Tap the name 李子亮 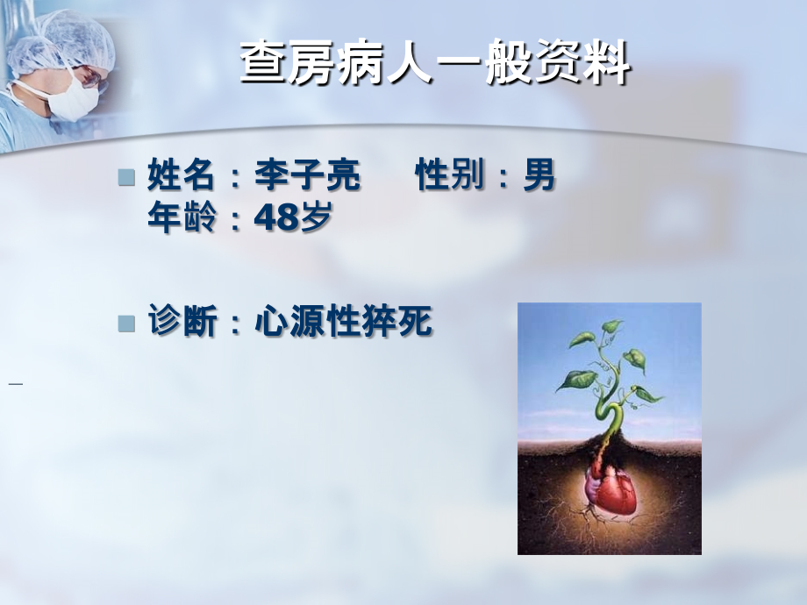[307, 176]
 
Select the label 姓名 [181, 176]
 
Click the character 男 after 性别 [539, 176]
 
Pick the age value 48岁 [293, 217]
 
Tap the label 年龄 [181, 217]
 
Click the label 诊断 [181, 323]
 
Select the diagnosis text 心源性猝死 [343, 323]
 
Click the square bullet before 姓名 [127, 178]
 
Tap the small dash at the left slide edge [15, 384]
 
